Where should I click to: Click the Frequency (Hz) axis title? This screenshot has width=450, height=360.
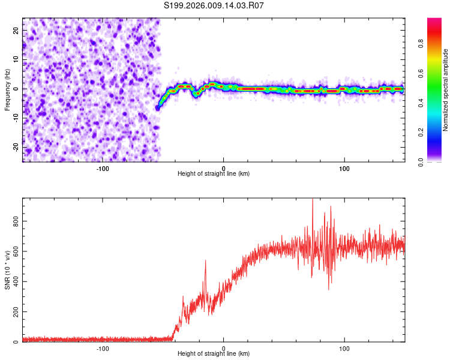(7, 89)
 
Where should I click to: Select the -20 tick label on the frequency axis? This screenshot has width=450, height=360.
(15, 147)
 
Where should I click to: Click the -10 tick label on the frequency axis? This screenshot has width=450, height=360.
(15, 118)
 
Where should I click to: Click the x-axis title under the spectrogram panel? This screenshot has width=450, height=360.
(214, 173)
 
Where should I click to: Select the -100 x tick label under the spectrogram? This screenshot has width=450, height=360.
(103, 167)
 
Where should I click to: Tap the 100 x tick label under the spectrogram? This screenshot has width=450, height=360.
(344, 167)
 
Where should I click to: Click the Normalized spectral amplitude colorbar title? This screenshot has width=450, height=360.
(445, 90)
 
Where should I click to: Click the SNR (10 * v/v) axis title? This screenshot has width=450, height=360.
(7, 269)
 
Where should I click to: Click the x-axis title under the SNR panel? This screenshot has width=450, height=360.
(214, 353)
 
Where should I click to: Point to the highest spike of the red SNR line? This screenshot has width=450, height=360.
(312, 200)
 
